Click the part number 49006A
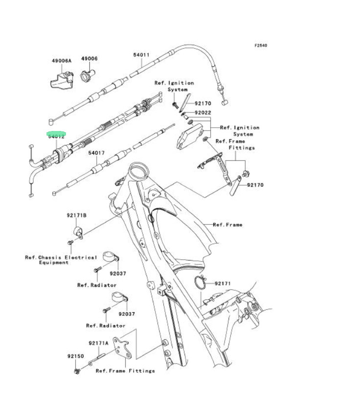(x=62, y=61)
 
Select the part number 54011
(x=141, y=55)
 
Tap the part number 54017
(x=96, y=153)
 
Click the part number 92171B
(x=77, y=215)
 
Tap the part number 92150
(x=76, y=356)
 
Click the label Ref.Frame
(x=227, y=225)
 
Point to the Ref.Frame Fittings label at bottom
(x=125, y=371)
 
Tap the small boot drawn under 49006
(x=88, y=76)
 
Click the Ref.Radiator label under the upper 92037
(x=97, y=285)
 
